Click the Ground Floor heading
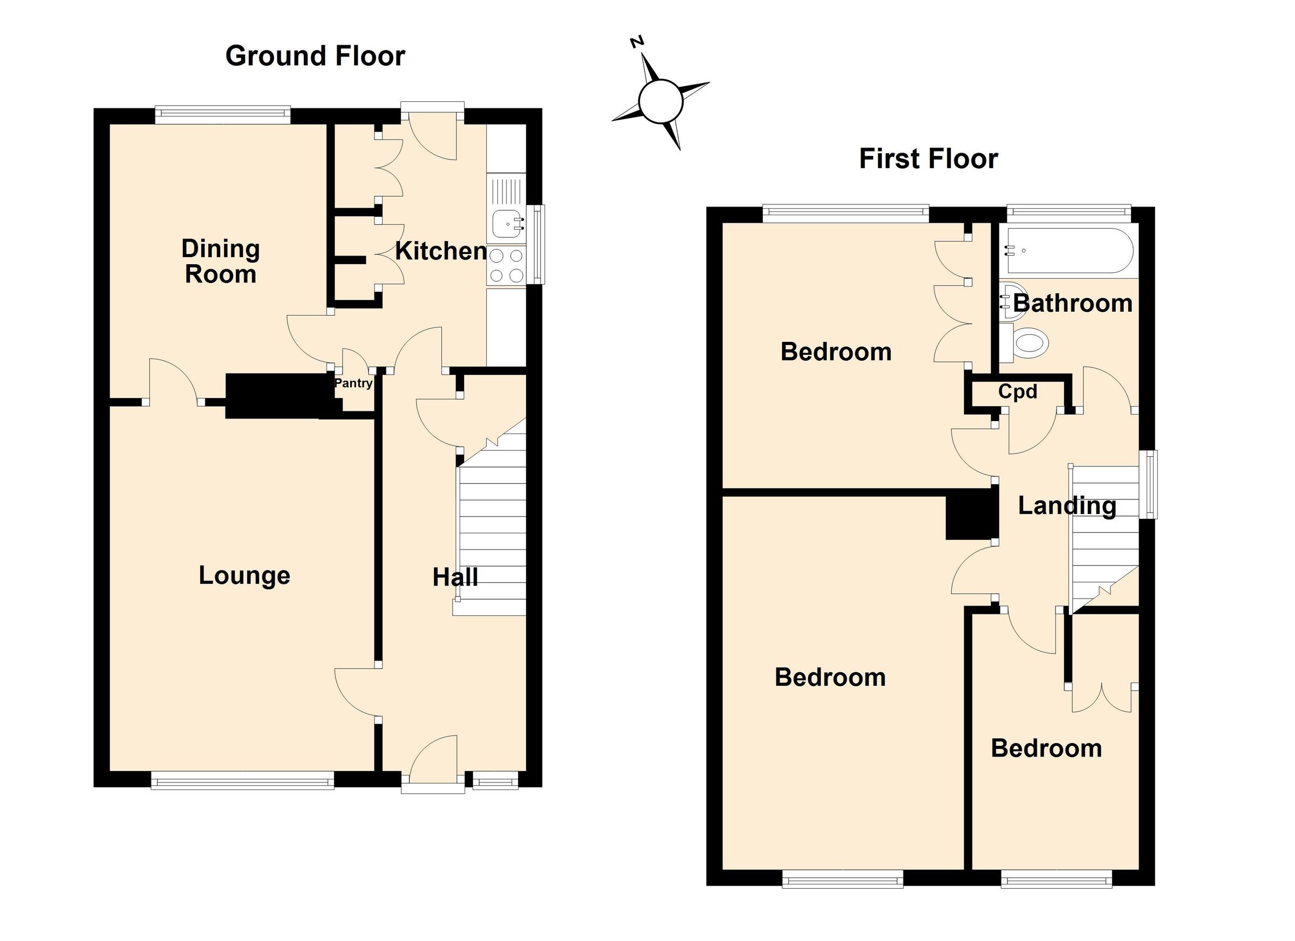pos(315,56)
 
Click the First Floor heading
pos(929,159)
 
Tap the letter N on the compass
pos(637,42)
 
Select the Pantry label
pos(353,383)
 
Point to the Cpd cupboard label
pos(1018,391)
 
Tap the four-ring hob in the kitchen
pos(507,266)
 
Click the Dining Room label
pos(220,262)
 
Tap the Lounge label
pos(244,575)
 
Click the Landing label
pos(1067,506)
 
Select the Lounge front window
pos(242,780)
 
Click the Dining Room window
pos(223,115)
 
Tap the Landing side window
pos(1148,484)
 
